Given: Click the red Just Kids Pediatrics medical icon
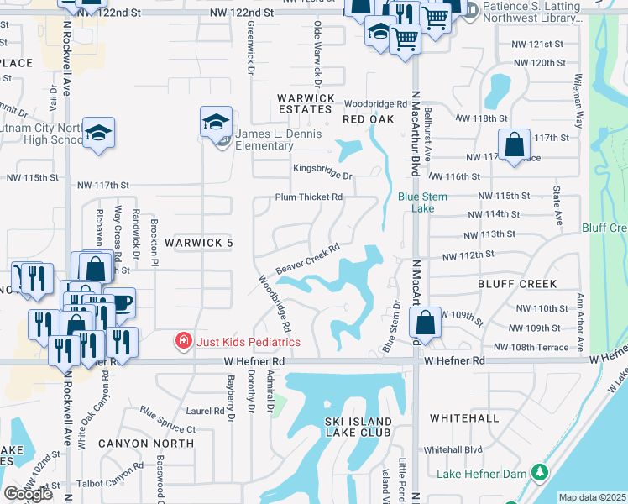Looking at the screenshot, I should click(181, 341).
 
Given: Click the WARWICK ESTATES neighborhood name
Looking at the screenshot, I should click(306, 103).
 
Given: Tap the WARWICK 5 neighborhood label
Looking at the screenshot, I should click(197, 243).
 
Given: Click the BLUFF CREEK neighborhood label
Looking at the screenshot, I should click(518, 284).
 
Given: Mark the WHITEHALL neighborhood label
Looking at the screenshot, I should click(464, 417).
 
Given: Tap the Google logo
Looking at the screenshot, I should click(29, 494).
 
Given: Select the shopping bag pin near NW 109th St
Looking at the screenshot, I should click(426, 322).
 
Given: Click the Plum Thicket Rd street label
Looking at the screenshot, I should click(310, 197).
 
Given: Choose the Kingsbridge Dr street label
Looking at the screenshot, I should click(322, 169).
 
